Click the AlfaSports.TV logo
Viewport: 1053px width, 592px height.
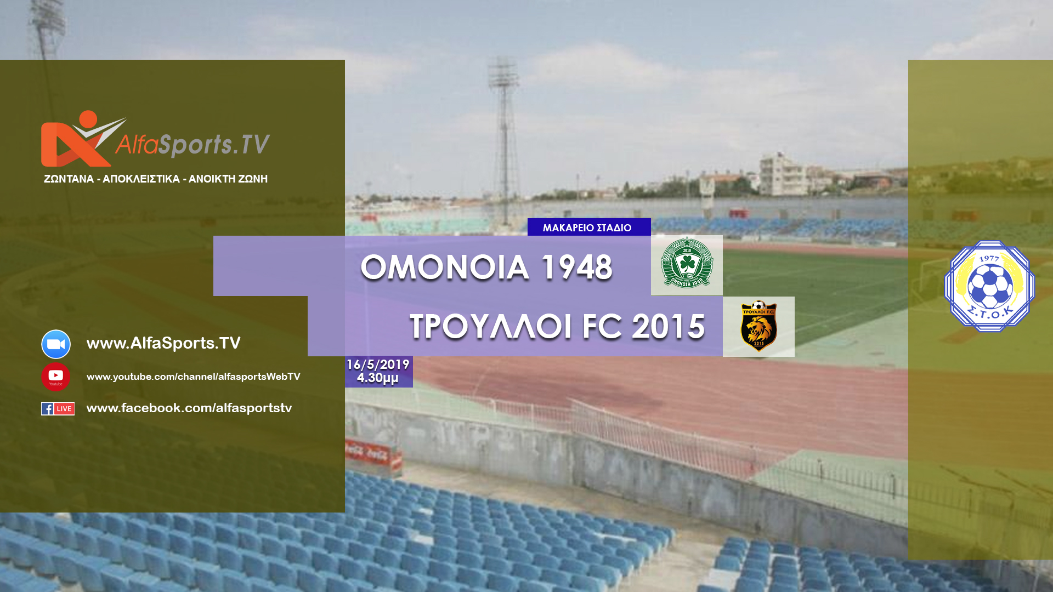pyautogui.click(x=155, y=139)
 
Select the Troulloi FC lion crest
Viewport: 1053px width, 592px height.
pyautogui.click(x=758, y=326)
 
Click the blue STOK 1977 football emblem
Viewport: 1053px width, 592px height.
pyautogui.click(x=989, y=286)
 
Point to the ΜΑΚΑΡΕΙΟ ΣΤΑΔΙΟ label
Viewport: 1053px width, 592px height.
pyautogui.click(x=587, y=227)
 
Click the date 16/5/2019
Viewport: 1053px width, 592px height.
pyautogui.click(x=378, y=365)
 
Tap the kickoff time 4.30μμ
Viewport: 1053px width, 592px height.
pyautogui.click(x=378, y=378)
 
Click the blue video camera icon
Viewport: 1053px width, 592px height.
pyautogui.click(x=56, y=344)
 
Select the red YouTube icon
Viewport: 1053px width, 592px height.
pyautogui.click(x=56, y=377)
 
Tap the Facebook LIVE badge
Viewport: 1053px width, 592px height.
pyautogui.click(x=58, y=408)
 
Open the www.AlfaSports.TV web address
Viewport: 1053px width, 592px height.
pyautogui.click(x=163, y=343)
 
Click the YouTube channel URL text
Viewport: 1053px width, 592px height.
pyautogui.click(x=193, y=377)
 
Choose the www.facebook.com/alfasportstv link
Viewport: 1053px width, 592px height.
pyautogui.click(x=189, y=408)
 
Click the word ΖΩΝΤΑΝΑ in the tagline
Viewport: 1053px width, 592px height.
pyautogui.click(x=69, y=179)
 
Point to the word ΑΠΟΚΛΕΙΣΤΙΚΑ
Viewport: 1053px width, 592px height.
pyautogui.click(x=141, y=179)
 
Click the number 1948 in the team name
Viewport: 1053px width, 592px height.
pyautogui.click(x=576, y=267)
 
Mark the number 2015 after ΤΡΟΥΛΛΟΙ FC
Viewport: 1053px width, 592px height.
pyautogui.click(x=668, y=327)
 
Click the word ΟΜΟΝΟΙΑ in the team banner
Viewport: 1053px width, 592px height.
pyautogui.click(x=445, y=267)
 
